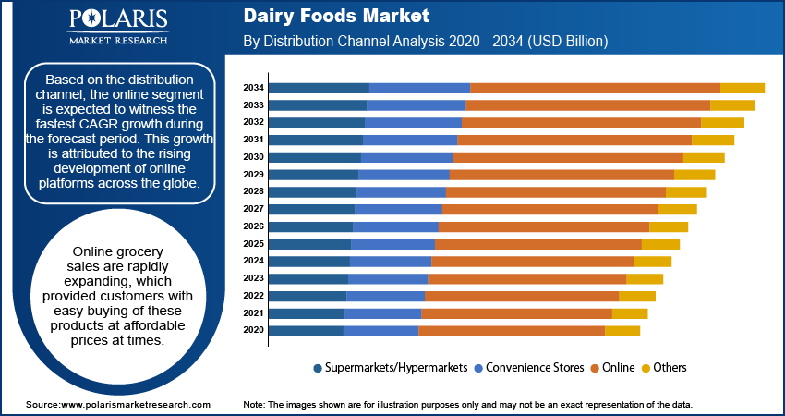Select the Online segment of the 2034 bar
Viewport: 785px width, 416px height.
595,88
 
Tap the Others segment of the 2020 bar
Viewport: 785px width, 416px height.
622,331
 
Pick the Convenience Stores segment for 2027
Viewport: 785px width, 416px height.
398,210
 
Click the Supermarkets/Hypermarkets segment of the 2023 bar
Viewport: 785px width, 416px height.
308,278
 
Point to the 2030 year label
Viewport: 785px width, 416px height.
253,157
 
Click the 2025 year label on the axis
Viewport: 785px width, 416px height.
253,244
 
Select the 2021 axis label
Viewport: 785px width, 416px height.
253,313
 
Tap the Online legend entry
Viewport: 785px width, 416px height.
618,368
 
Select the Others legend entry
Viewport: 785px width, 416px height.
670,368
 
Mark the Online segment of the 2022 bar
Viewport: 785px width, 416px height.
521,296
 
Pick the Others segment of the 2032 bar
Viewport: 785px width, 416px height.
722,123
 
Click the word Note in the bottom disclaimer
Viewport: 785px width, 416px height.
253,405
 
